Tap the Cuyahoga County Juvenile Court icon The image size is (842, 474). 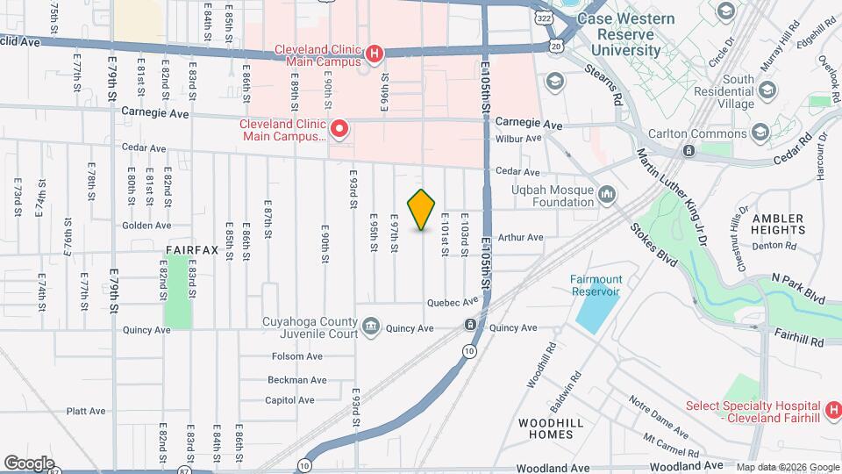371,327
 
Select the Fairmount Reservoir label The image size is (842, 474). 596,284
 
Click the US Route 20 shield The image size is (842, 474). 556,44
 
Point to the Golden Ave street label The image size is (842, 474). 146,226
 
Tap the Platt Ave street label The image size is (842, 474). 86,411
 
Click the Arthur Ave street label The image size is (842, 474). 521,237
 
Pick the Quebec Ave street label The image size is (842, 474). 453,303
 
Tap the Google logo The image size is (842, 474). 29,463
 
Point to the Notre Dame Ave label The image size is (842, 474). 659,415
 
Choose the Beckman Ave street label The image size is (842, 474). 297,380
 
